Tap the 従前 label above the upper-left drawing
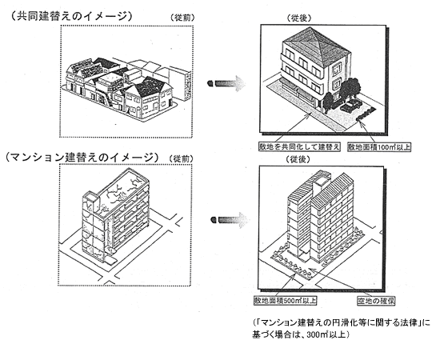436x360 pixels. tap(182, 18)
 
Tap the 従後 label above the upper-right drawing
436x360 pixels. tap(299, 18)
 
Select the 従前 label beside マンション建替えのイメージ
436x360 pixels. tap(181, 159)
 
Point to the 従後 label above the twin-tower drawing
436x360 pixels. tap(298, 159)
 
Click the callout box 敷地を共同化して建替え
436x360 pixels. tap(299, 146)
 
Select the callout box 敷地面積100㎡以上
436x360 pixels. tap(379, 146)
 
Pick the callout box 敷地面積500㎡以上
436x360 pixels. tap(285, 300)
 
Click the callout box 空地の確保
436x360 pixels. tap(376, 301)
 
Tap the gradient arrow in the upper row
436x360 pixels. tap(226, 83)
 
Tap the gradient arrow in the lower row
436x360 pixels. tap(229, 220)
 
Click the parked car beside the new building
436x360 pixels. tap(350, 106)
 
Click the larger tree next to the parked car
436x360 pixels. tap(350, 89)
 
